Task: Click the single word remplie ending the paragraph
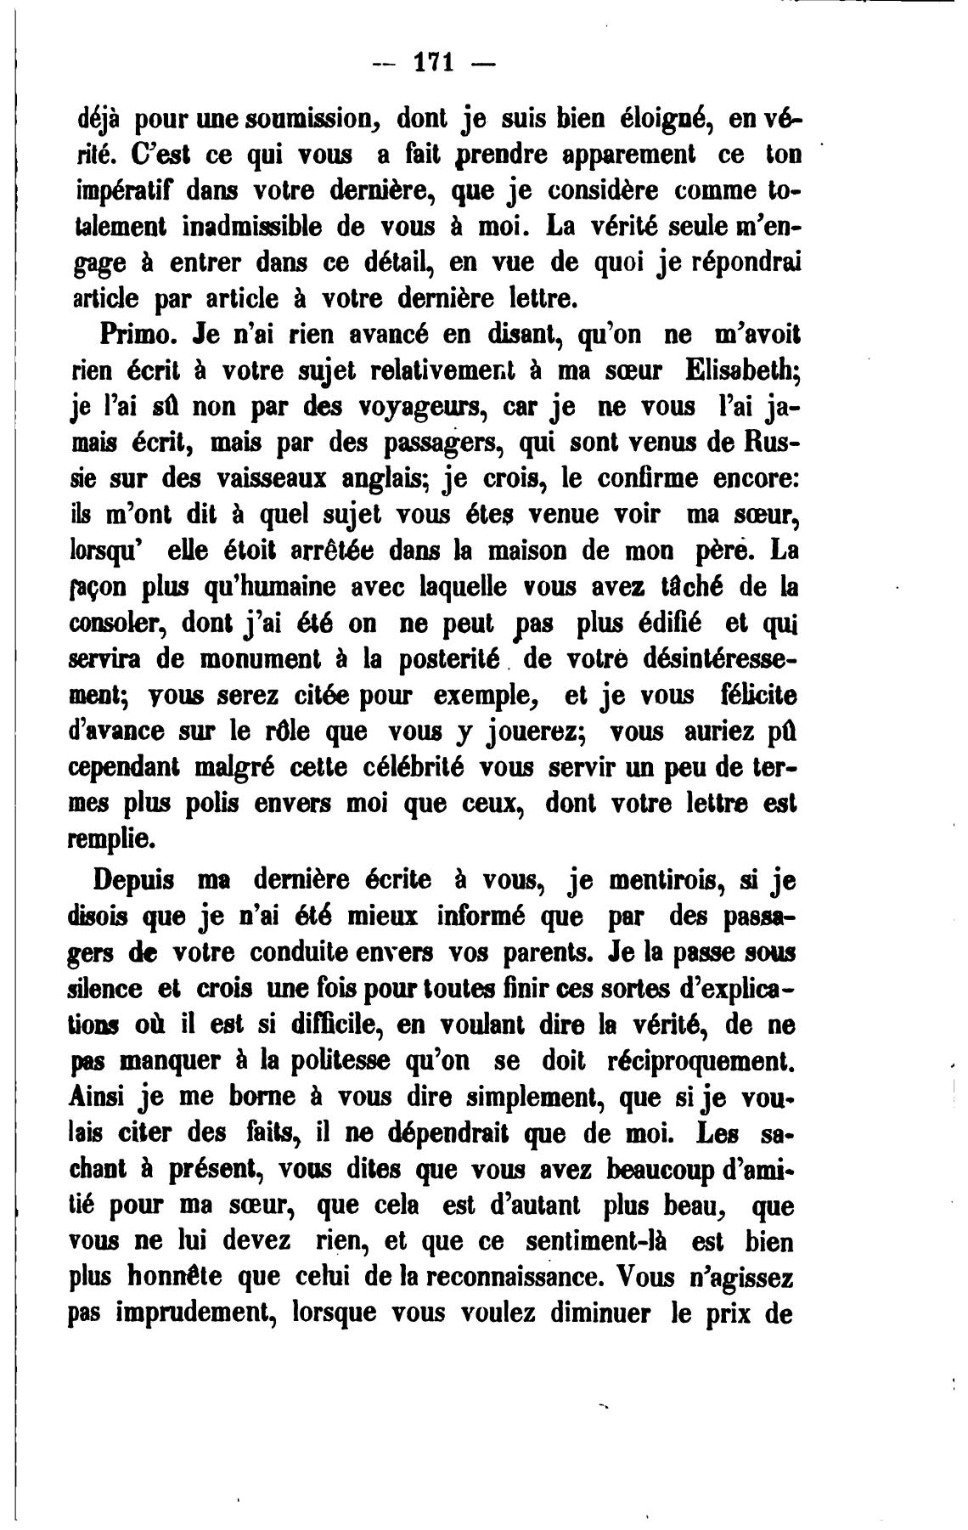(110, 839)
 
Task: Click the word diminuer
(600, 1313)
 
